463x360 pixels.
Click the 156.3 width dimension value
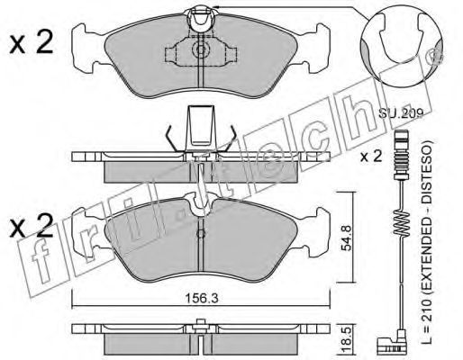[201, 298]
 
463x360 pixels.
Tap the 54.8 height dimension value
[347, 238]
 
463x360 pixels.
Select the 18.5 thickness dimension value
[347, 337]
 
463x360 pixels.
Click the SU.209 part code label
[401, 113]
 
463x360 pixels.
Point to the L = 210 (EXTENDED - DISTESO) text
[426, 241]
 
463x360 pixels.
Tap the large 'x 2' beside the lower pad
[32, 226]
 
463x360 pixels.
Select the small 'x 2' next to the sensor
[371, 157]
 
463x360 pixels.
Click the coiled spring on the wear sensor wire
[402, 222]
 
